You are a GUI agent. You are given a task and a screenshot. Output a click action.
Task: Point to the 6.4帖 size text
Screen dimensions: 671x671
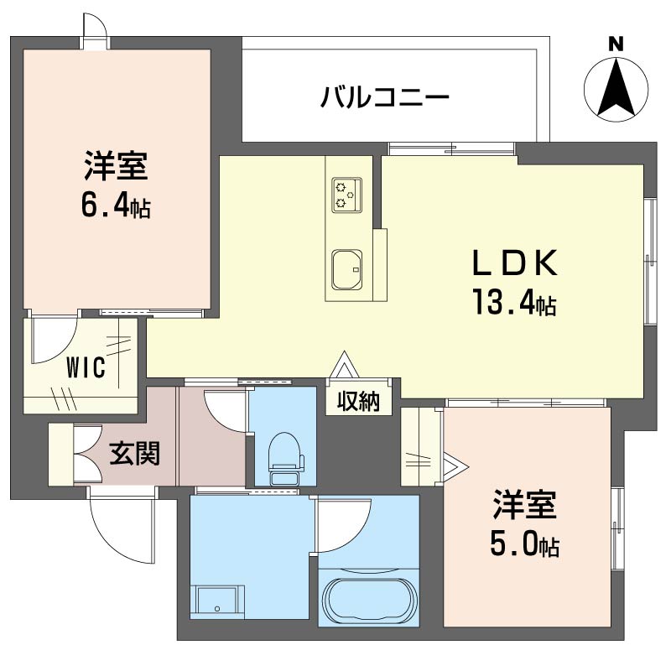pyautogui.click(x=115, y=205)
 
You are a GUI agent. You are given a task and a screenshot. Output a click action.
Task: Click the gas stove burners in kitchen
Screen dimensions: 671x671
pyautogui.click(x=346, y=192)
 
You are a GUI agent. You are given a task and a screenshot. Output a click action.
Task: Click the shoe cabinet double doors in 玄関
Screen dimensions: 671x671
pyautogui.click(x=84, y=454)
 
